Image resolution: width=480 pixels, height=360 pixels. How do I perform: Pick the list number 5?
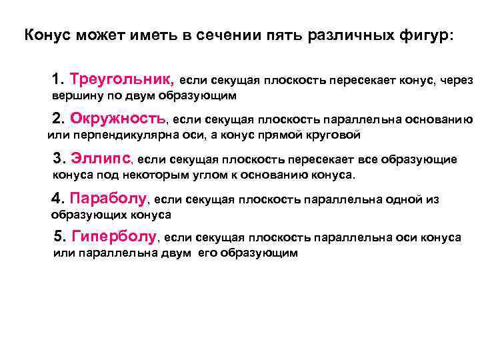[x=58, y=237]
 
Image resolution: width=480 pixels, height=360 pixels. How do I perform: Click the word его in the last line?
[x=208, y=254]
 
